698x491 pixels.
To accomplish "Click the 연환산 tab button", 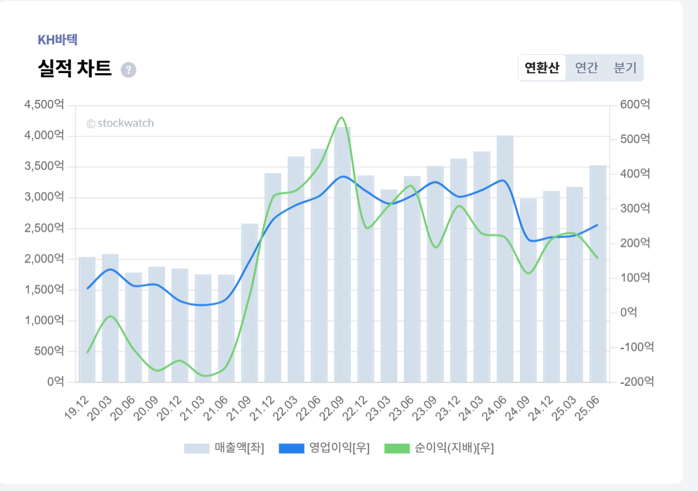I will pos(542,68).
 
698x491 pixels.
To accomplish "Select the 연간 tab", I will pos(586,68).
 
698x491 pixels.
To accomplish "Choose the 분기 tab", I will pos(625,68).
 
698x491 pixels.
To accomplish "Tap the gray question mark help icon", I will pos(129,70).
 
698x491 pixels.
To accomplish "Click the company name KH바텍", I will pos(57,40).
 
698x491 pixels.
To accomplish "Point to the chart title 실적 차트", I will pos(75,69).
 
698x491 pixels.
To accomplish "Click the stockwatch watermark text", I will pos(120,123).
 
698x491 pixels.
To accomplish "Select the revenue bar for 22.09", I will pos(342,255).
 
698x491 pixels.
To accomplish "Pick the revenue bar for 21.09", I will pos(250,303).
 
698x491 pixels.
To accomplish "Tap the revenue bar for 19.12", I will pos(87,319).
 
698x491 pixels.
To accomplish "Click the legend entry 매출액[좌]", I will pos(224,448).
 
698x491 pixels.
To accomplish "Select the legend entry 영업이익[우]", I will pos(324,448).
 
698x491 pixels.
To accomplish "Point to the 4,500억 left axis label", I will pos(44,104).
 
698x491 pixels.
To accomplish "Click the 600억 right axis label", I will pos(635,104).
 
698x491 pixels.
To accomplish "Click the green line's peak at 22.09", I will pos(341,118).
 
